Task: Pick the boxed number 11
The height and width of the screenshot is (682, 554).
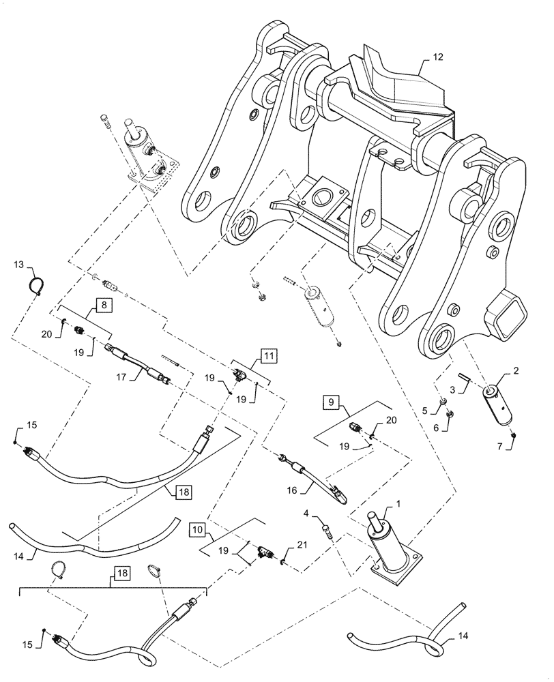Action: (267, 355)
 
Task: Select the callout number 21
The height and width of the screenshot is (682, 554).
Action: (303, 546)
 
